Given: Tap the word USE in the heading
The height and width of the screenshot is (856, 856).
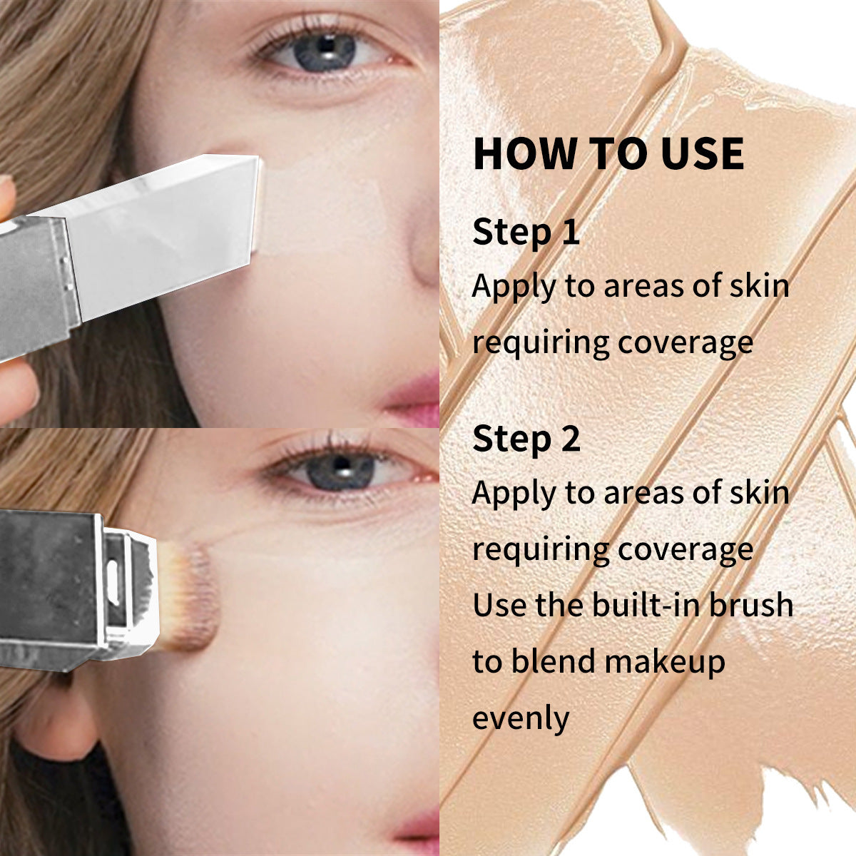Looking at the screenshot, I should [x=703, y=153].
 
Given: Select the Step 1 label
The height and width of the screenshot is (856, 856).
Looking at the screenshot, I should [x=526, y=233].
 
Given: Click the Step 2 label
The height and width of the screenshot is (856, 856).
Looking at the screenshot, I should [x=526, y=439].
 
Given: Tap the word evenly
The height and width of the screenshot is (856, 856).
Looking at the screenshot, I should [x=521, y=718].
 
